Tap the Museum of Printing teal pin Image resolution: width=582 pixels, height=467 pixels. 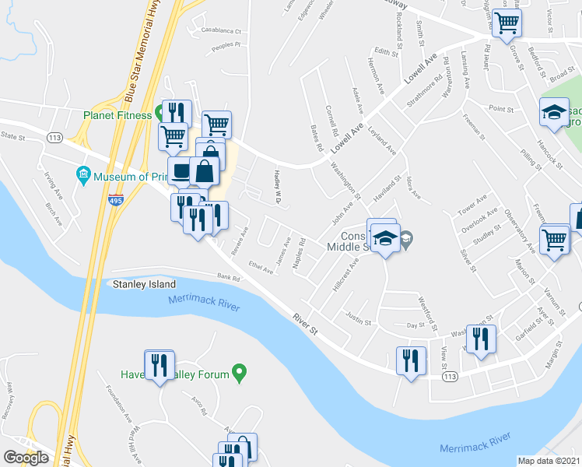click(83, 174)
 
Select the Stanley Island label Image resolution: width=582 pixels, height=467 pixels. click(145, 285)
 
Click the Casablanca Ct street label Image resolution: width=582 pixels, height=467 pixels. click(222, 32)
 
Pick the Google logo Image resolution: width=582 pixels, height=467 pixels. click(26, 457)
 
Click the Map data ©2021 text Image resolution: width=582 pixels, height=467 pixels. click(549, 461)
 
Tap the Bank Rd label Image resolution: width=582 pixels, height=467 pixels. click(228, 276)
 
